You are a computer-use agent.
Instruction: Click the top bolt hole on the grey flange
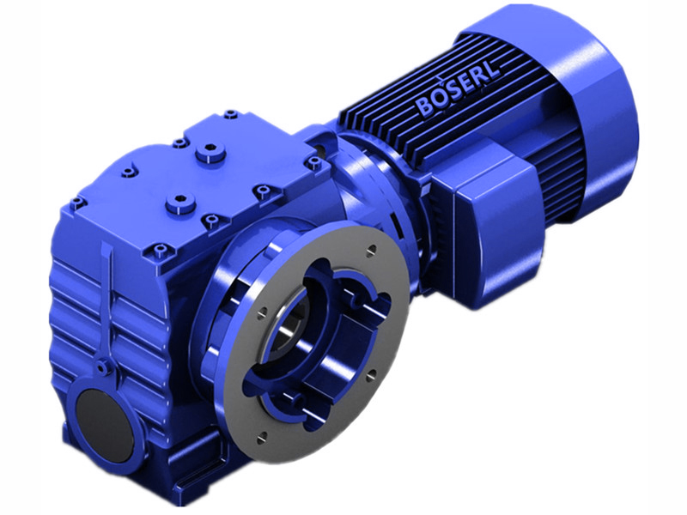point(370,251)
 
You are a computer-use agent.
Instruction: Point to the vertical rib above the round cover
point(109,300)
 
